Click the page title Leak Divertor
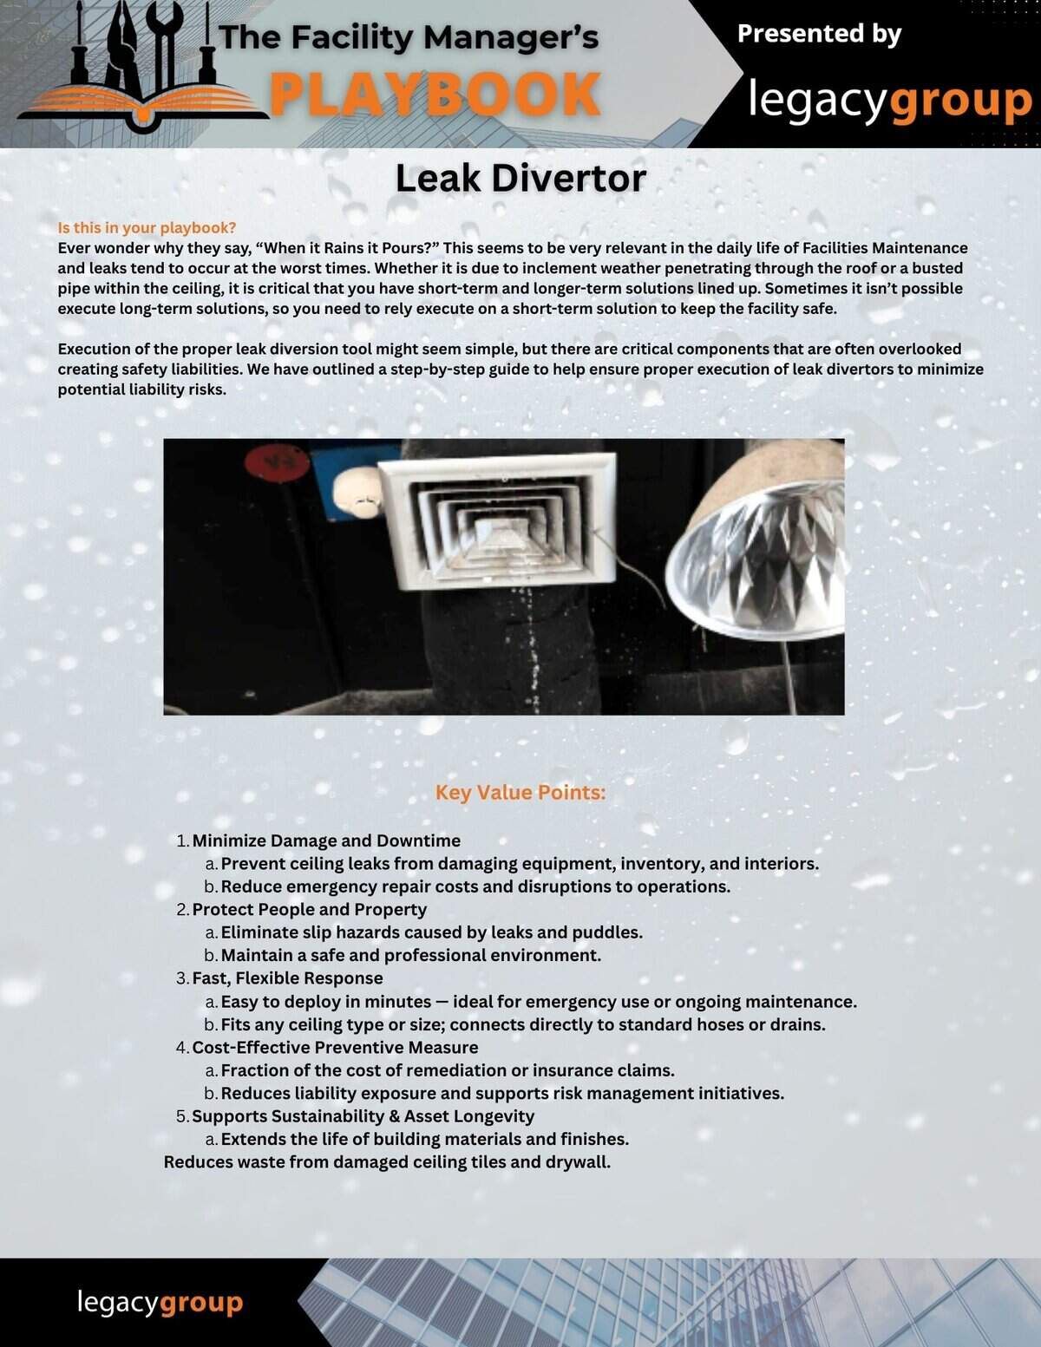click(520, 179)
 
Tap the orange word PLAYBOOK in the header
click(435, 95)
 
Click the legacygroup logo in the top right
click(888, 101)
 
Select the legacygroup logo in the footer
click(160, 1302)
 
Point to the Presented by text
click(819, 34)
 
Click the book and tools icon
click(143, 65)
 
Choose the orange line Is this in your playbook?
click(147, 228)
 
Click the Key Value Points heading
click(520, 793)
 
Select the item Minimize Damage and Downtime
click(326, 840)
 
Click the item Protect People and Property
click(309, 909)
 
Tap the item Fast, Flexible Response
click(287, 978)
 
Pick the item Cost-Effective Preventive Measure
click(335, 1047)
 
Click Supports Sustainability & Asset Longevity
click(363, 1116)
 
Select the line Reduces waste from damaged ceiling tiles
click(387, 1162)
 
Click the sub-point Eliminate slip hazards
click(431, 932)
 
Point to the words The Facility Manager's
click(409, 38)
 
